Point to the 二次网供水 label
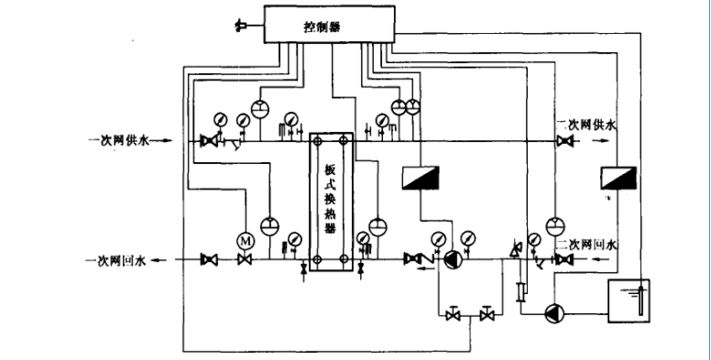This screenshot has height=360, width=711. click(x=585, y=123)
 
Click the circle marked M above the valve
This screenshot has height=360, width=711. click(x=245, y=238)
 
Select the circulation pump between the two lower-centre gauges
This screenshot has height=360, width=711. click(x=451, y=260)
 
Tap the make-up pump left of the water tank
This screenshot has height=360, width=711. click(x=554, y=313)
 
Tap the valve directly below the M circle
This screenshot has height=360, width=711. click(x=245, y=261)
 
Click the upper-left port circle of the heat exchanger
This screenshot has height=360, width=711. click(x=317, y=140)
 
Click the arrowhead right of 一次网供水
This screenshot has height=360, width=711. click(x=167, y=141)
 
